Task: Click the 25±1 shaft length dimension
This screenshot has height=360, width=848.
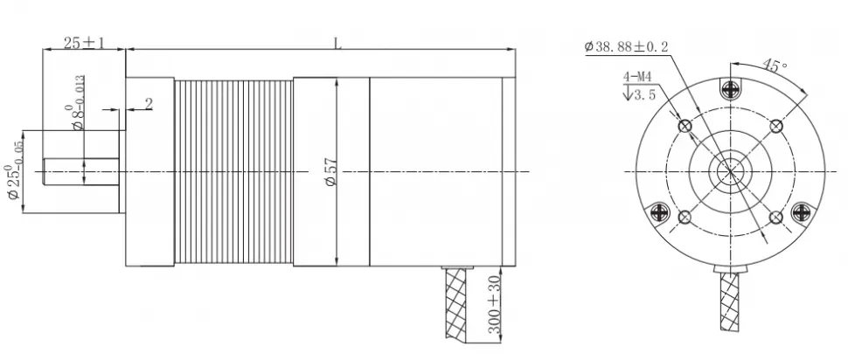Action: click(x=84, y=43)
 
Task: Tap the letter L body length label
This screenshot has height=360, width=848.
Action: click(x=337, y=43)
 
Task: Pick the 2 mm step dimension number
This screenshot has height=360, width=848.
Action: click(x=148, y=103)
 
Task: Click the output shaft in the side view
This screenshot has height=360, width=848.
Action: click(x=80, y=171)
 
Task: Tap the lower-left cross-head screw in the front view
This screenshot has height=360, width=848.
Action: click(x=658, y=212)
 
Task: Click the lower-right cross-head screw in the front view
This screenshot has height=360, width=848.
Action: click(x=802, y=212)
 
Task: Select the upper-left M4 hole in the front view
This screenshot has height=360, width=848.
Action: click(x=685, y=127)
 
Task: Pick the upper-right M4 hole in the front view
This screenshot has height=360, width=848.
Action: click(x=775, y=127)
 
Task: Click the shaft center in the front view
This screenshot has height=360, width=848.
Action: click(x=730, y=171)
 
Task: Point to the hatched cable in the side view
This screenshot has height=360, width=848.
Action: click(x=457, y=306)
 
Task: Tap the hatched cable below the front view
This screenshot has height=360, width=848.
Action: click(x=730, y=306)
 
